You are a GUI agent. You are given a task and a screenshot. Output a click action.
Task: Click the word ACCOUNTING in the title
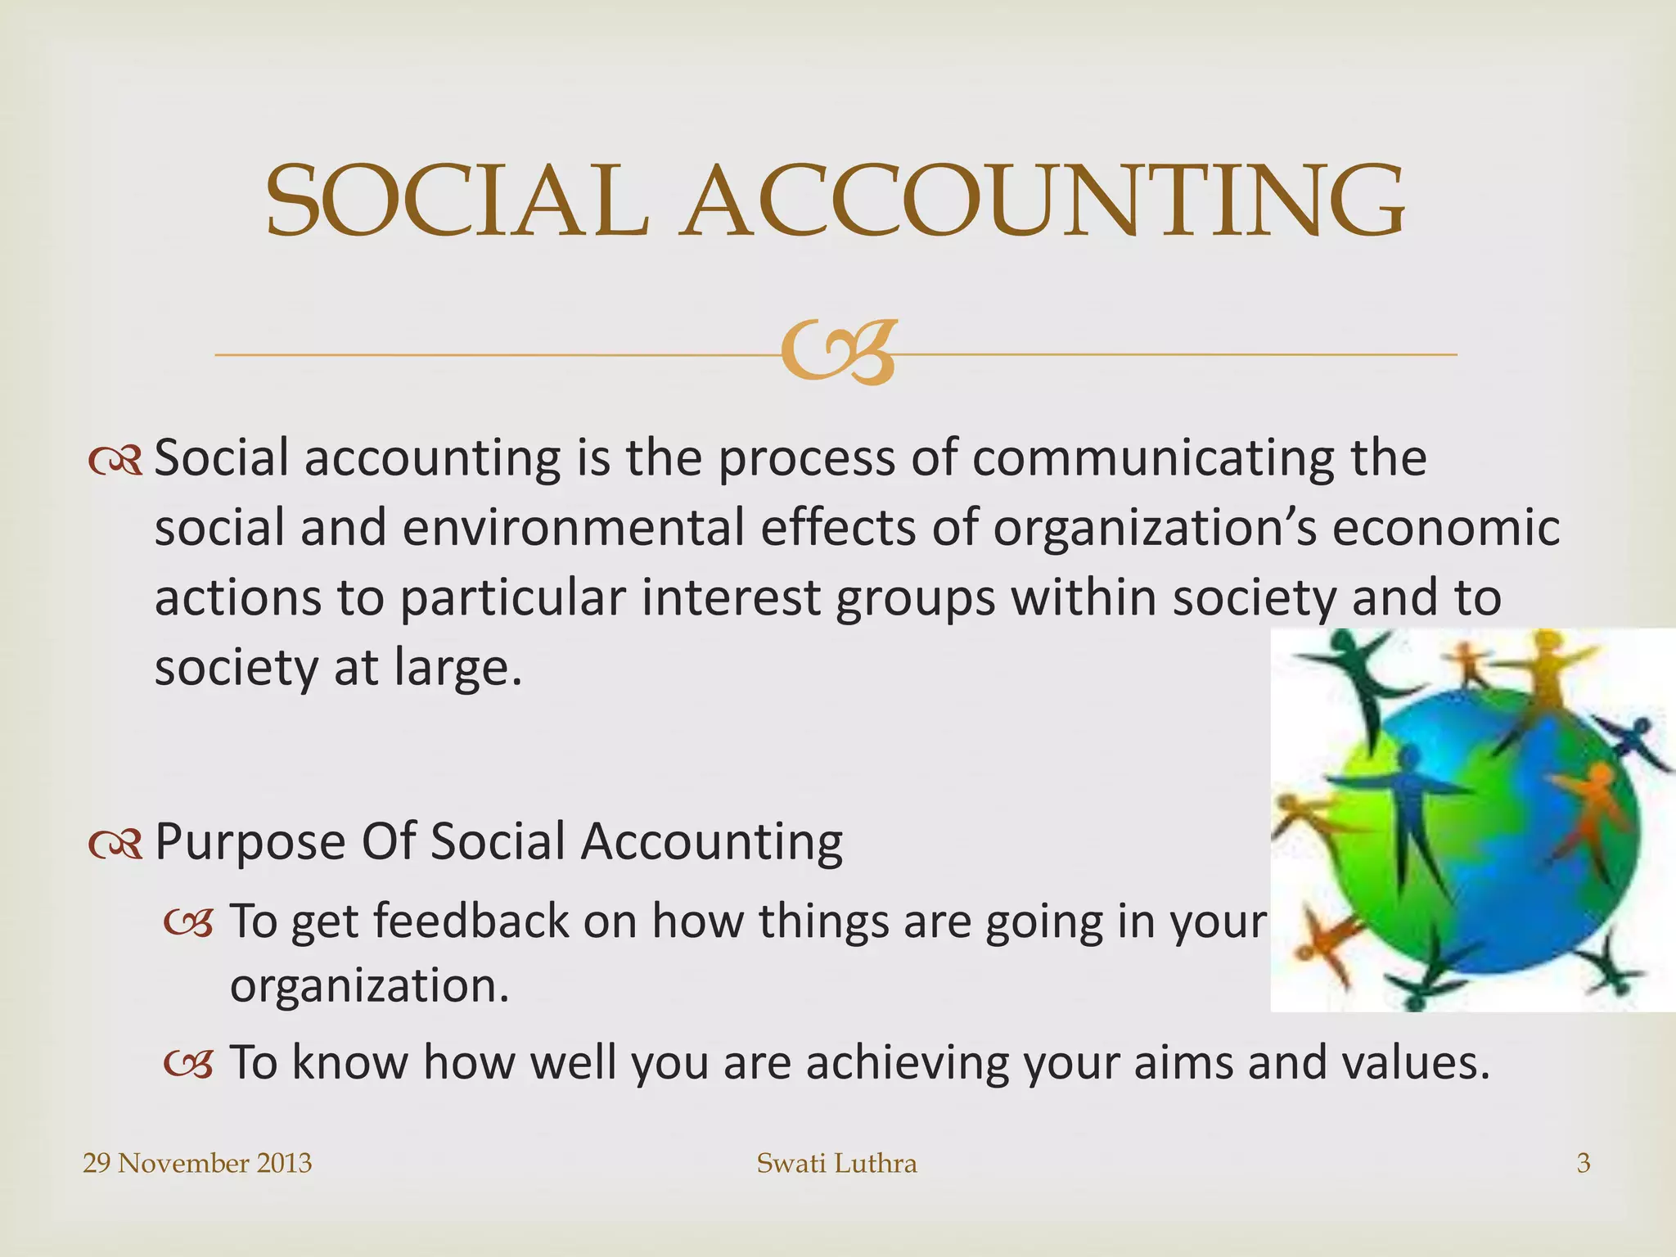(x=1043, y=201)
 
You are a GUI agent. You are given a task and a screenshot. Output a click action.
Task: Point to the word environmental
(x=573, y=528)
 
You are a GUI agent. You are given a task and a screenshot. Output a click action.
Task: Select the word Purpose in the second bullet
(x=250, y=843)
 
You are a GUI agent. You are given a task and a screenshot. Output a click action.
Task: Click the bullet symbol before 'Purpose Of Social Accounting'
(x=115, y=845)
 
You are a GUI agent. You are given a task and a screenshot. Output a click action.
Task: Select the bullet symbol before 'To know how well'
(x=188, y=1064)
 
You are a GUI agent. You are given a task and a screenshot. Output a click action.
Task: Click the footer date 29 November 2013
(x=197, y=1163)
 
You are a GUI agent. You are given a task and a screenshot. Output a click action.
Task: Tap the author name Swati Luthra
(x=836, y=1163)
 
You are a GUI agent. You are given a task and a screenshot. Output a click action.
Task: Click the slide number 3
(x=1583, y=1163)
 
